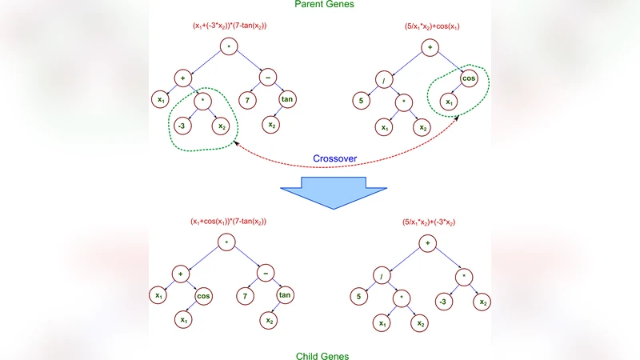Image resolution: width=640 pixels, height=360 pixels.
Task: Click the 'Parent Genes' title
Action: pyautogui.click(x=320, y=4)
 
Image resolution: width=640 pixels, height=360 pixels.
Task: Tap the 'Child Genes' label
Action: pyautogui.click(x=320, y=355)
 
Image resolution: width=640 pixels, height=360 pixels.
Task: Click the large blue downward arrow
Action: pyautogui.click(x=333, y=190)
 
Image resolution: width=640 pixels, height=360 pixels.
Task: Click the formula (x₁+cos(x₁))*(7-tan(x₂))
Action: pyautogui.click(x=228, y=221)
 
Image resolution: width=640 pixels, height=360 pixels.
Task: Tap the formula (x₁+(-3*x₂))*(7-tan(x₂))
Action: pyautogui.click(x=228, y=26)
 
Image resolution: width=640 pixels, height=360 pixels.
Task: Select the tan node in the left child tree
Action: pyautogui.click(x=286, y=297)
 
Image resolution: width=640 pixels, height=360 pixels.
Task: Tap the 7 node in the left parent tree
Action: pyautogui.click(x=248, y=100)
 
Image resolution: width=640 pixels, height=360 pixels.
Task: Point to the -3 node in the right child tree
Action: pyautogui.click(x=442, y=302)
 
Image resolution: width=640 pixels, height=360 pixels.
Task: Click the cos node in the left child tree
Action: pyautogui.click(x=203, y=297)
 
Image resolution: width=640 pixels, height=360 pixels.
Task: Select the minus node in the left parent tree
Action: pyautogui.click(x=266, y=76)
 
